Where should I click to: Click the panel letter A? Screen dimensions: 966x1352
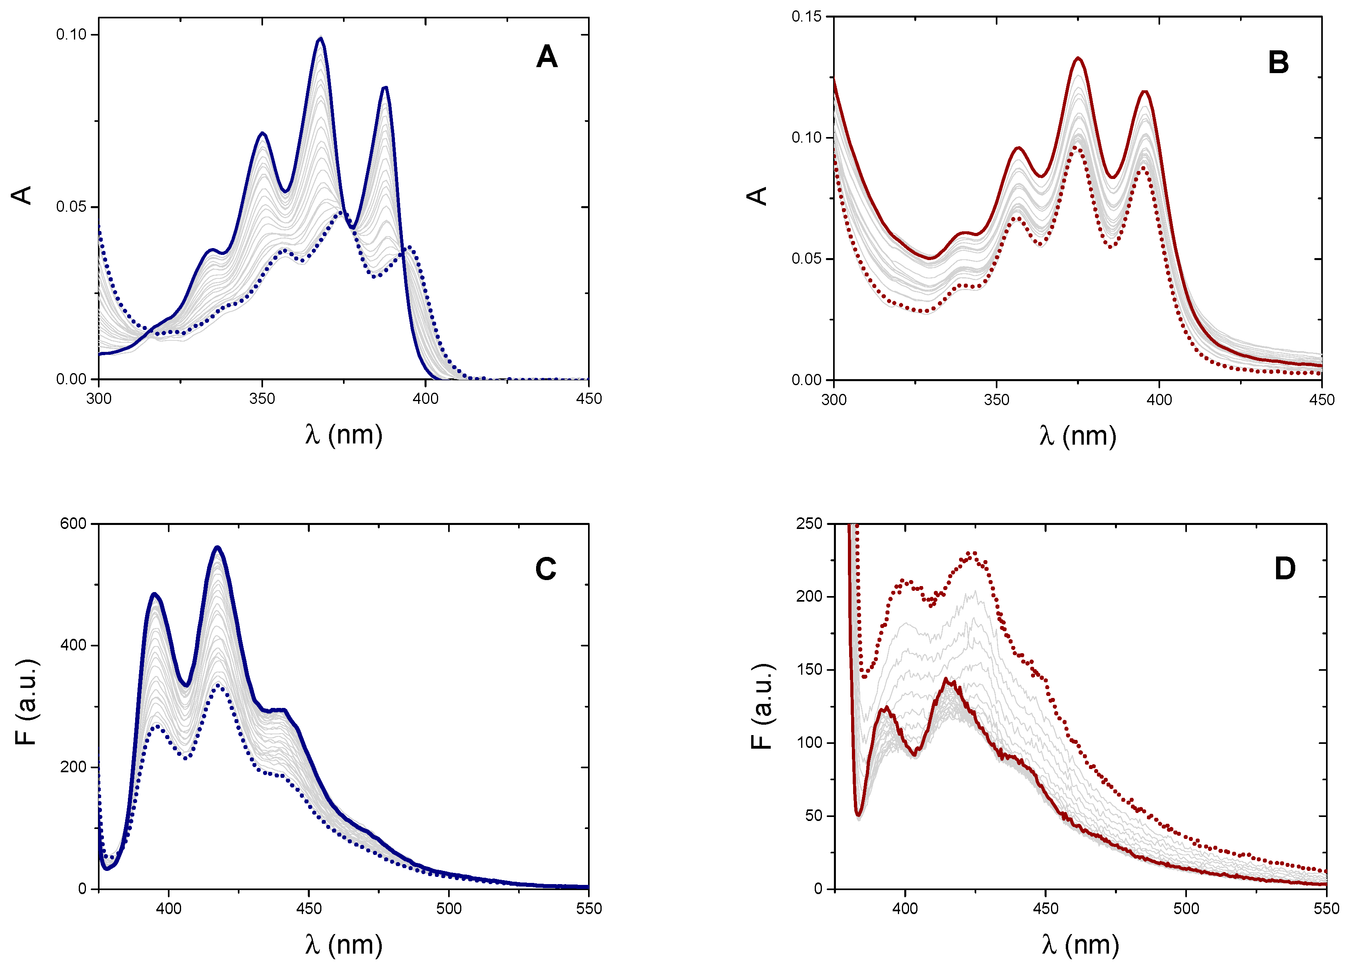546,57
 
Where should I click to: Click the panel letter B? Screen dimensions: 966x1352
1278,62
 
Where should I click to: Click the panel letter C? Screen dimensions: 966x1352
545,569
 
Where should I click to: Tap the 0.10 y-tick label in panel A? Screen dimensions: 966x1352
72,34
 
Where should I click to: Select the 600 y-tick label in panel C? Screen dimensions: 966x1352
73,523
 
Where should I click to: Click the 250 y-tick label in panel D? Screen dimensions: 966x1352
809,523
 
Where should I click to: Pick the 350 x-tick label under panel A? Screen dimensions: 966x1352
262,399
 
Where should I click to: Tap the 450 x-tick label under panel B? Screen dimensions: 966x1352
1322,400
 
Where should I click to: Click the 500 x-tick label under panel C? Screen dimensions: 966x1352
449,908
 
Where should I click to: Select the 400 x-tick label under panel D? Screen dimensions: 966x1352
905,908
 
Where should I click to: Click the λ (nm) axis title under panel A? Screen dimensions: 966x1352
343,435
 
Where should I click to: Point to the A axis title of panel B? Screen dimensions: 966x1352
757,196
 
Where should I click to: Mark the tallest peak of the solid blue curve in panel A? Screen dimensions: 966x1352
321,39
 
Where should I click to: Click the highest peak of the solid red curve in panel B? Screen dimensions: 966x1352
1078,58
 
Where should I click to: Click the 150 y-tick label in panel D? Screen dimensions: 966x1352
809,669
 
